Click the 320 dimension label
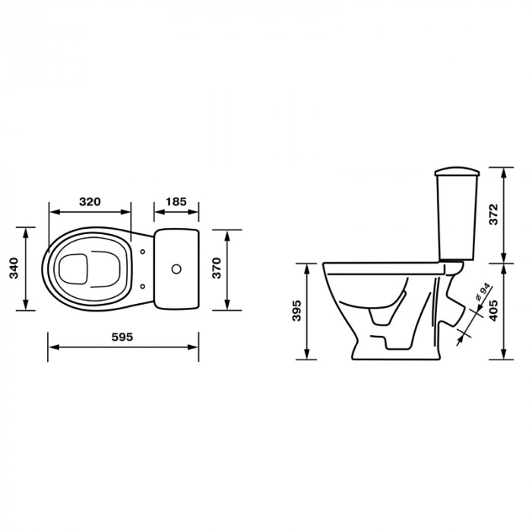click(x=90, y=201)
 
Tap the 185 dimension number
click(x=176, y=201)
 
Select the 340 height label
click(x=14, y=268)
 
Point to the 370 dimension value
click(x=217, y=268)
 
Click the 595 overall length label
click(x=122, y=337)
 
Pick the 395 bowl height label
click(x=296, y=310)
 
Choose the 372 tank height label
click(x=494, y=214)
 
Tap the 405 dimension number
click(x=494, y=310)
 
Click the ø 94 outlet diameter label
click(x=482, y=293)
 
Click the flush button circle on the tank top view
click(x=176, y=269)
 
